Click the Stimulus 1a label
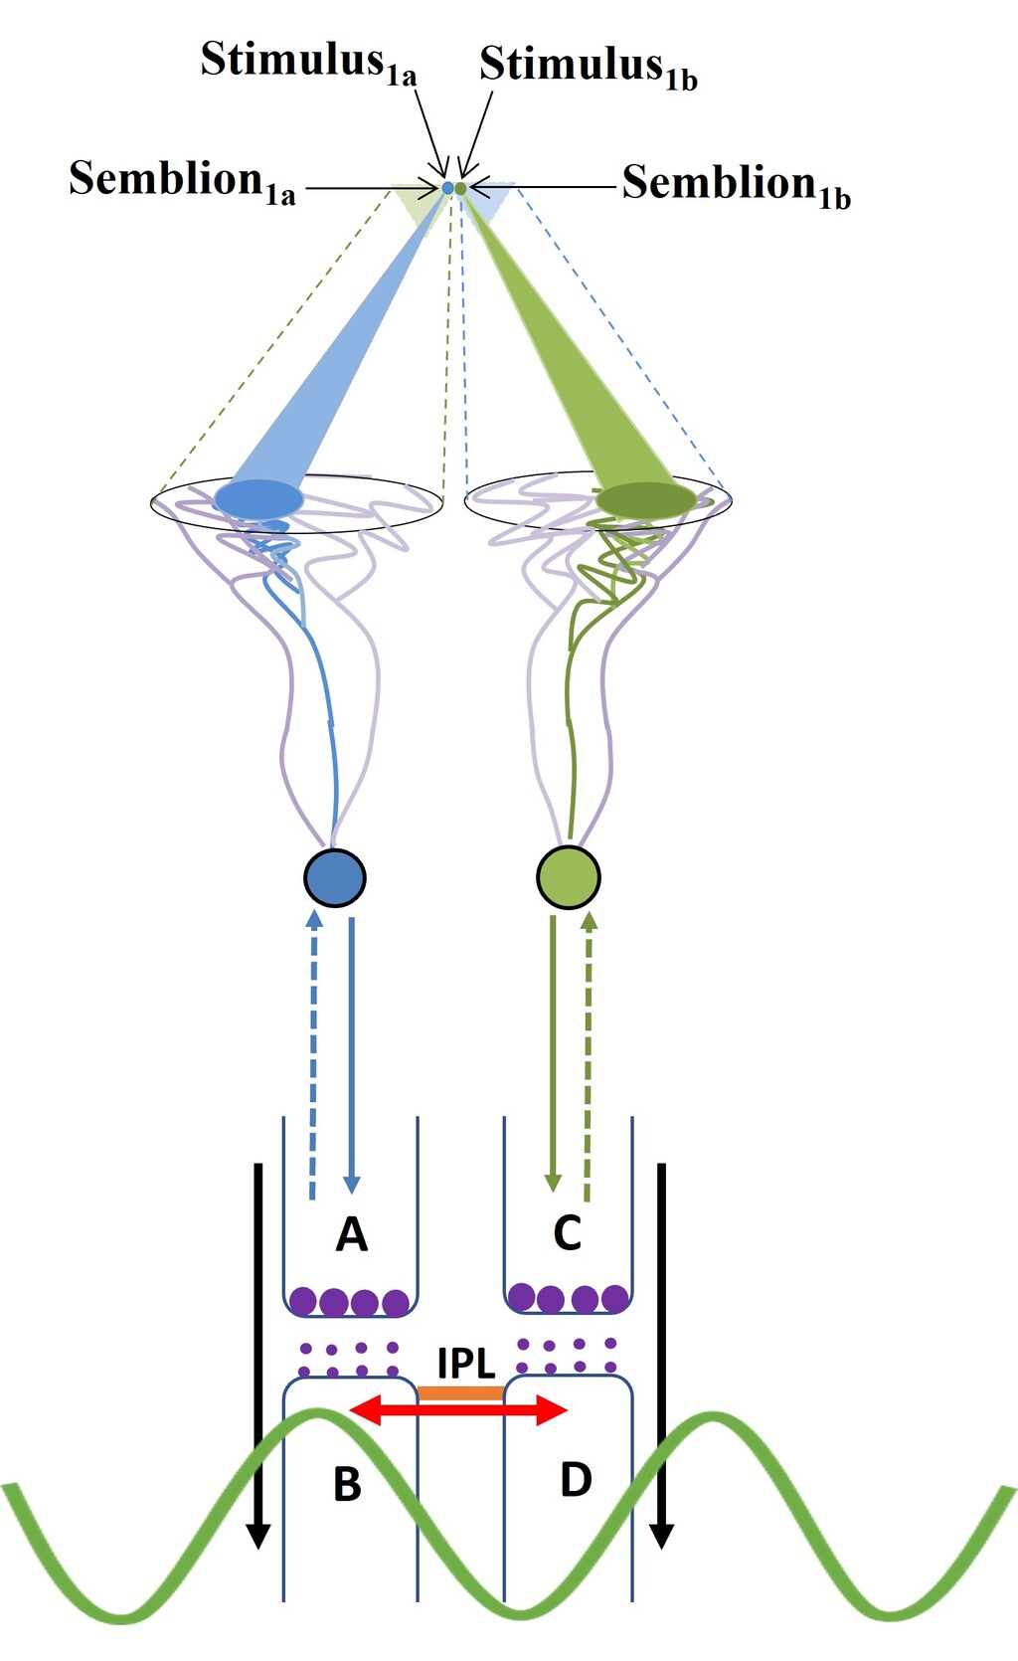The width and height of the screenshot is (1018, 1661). (308, 62)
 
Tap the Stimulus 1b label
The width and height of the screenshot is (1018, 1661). (588, 67)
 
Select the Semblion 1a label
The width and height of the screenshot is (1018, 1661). (182, 181)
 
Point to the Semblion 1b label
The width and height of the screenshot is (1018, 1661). (736, 185)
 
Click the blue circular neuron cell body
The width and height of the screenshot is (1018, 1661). (335, 877)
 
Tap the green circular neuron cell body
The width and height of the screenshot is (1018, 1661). (569, 877)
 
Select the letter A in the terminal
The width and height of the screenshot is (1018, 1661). (352, 1234)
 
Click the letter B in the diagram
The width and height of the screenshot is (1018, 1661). (347, 1484)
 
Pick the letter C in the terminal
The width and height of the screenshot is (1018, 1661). (567, 1233)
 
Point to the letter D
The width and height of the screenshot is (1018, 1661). (577, 1480)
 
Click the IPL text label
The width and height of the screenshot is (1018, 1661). (466, 1363)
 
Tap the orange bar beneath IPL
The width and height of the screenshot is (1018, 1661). (460, 1393)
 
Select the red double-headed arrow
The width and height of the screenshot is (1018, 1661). (458, 1409)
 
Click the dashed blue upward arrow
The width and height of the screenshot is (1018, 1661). (313, 1054)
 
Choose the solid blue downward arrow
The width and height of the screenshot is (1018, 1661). (351, 1054)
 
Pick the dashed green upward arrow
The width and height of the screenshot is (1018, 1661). (589, 1054)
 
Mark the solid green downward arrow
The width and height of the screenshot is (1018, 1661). (554, 1054)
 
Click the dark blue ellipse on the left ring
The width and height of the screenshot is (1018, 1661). (258, 497)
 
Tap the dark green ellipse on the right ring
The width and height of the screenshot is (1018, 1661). (646, 499)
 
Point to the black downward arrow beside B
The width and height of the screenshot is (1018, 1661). (258, 1353)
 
